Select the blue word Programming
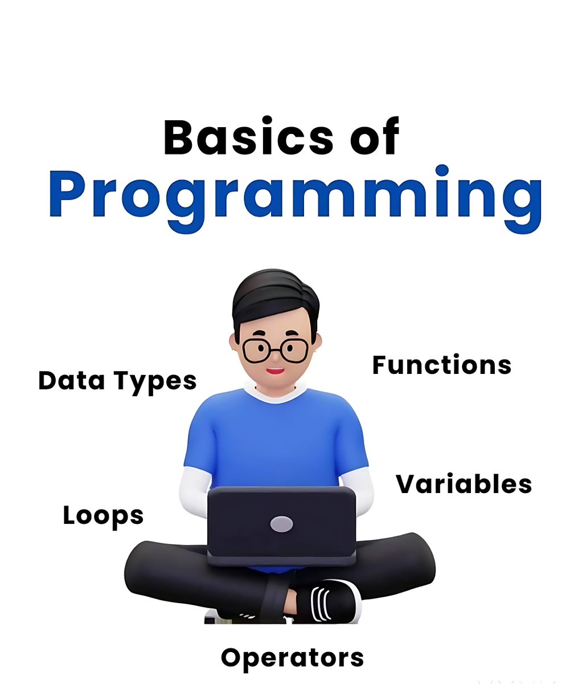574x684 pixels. click(x=295, y=197)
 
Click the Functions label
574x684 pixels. click(x=442, y=365)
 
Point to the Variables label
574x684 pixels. click(x=464, y=484)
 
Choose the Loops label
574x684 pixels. click(x=103, y=516)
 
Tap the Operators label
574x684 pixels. click(x=292, y=658)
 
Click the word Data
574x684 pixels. click(x=71, y=380)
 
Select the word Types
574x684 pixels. click(x=155, y=381)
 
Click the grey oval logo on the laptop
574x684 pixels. click(x=281, y=524)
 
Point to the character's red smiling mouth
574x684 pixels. click(x=276, y=371)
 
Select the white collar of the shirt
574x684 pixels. click(x=276, y=394)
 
